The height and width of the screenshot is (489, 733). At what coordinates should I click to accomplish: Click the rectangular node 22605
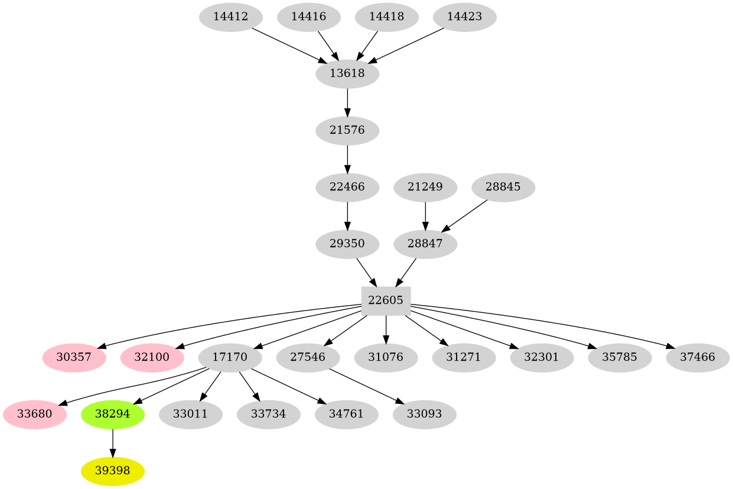tap(386, 300)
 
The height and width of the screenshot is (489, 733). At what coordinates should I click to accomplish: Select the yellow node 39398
tap(113, 471)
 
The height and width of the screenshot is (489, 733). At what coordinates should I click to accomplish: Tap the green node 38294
tap(113, 414)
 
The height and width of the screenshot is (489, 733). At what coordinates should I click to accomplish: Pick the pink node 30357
tap(74, 358)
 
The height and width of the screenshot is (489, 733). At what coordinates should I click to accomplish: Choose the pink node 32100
tap(152, 358)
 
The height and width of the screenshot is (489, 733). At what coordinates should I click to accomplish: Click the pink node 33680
tap(34, 414)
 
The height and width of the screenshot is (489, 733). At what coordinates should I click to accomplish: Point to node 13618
tap(347, 74)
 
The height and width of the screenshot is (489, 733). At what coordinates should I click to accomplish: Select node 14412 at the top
tap(230, 17)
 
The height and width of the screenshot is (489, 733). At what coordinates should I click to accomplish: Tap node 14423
tap(464, 17)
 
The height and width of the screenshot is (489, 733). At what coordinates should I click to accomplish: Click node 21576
tap(347, 130)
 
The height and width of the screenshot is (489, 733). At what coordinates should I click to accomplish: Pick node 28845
tap(503, 187)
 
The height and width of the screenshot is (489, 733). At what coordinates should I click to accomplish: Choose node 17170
tap(230, 358)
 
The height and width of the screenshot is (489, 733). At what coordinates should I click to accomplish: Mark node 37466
tap(698, 358)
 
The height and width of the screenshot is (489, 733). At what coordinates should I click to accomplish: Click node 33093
tap(425, 414)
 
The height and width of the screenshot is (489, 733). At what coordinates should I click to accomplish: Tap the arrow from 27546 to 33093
tap(367, 386)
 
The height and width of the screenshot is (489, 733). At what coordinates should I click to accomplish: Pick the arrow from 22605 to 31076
tap(386, 329)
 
